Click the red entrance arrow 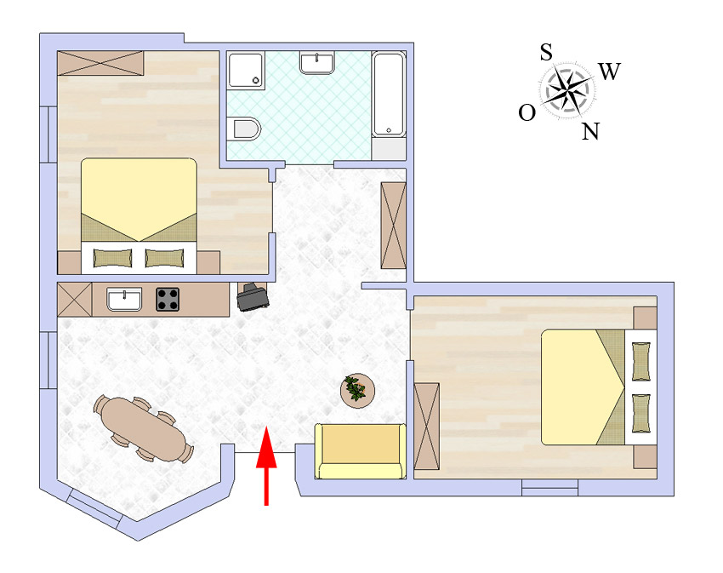(266, 466)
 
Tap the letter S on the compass (546, 53)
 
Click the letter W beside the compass (610, 72)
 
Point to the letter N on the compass (590, 132)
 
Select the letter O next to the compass (527, 112)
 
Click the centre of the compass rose (566, 90)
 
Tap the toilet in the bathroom (244, 129)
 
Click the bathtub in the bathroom (389, 95)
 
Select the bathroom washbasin (317, 63)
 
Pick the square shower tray (246, 70)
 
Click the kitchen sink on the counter (124, 299)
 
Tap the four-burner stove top (168, 299)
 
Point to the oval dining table (144, 429)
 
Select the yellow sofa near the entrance (361, 451)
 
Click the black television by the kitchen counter (253, 296)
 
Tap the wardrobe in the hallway (393, 226)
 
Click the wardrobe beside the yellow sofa (426, 427)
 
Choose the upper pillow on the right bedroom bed (641, 362)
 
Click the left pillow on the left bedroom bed (112, 258)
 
